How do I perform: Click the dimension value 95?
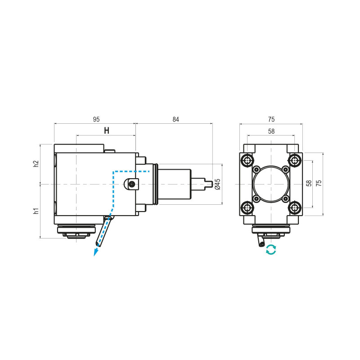tap(96, 119)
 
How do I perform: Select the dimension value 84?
tap(175, 119)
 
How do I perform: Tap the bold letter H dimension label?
tap(107, 131)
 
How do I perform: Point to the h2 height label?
tap(36, 164)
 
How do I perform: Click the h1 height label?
tap(36, 211)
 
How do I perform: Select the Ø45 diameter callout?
tap(217, 184)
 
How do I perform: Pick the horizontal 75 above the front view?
tap(271, 119)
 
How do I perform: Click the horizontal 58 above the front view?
tap(271, 131)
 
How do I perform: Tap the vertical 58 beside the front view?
tap(309, 184)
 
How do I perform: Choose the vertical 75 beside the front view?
tap(319, 184)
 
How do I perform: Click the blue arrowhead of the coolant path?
tap(95, 252)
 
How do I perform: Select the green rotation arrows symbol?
tap(271, 250)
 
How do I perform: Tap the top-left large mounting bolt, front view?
tap(247, 160)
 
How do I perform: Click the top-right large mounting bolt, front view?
tap(295, 160)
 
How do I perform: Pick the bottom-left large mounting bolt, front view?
tap(247, 207)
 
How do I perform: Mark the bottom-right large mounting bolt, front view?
tap(295, 207)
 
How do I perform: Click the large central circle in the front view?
tap(271, 184)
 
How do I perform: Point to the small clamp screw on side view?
tap(131, 184)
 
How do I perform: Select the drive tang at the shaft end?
tap(208, 184)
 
